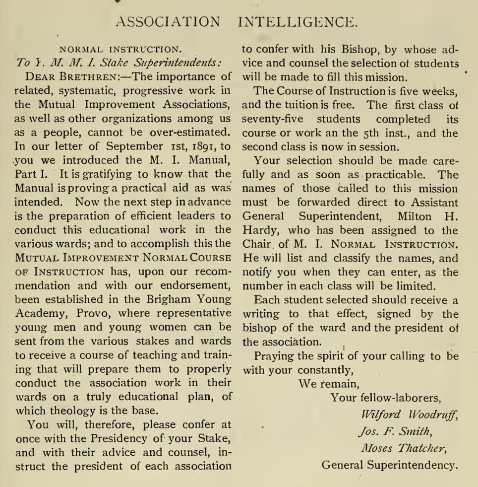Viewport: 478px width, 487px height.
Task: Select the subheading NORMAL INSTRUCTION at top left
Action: point(119,50)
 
